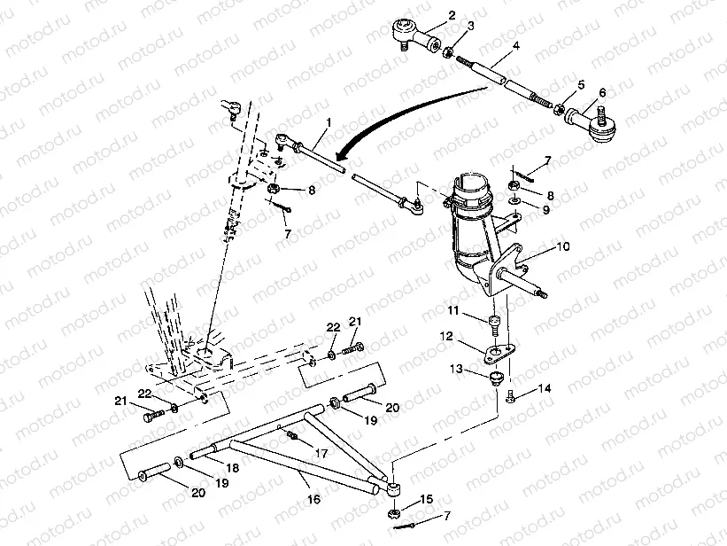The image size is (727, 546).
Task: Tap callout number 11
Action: click(x=452, y=310)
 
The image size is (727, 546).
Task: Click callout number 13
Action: click(x=457, y=369)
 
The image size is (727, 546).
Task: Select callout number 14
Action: click(x=544, y=387)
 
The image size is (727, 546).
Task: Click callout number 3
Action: click(x=470, y=26)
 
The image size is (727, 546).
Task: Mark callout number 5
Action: click(x=581, y=84)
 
